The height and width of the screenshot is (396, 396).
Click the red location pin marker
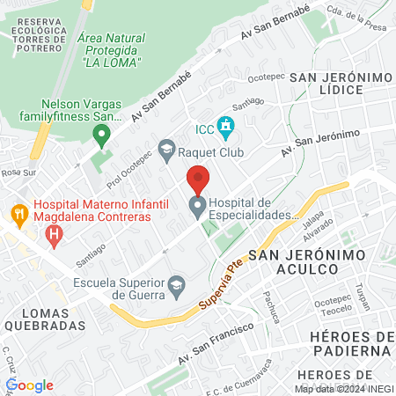tap(198, 180)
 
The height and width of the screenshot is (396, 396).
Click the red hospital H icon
tap(55, 234)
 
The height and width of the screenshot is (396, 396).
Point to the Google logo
tap(29, 385)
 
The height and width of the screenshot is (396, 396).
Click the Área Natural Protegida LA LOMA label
tap(111, 50)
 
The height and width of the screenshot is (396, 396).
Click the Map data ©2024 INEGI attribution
tap(343, 388)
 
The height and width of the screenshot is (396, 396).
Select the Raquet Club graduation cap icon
tap(166, 150)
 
